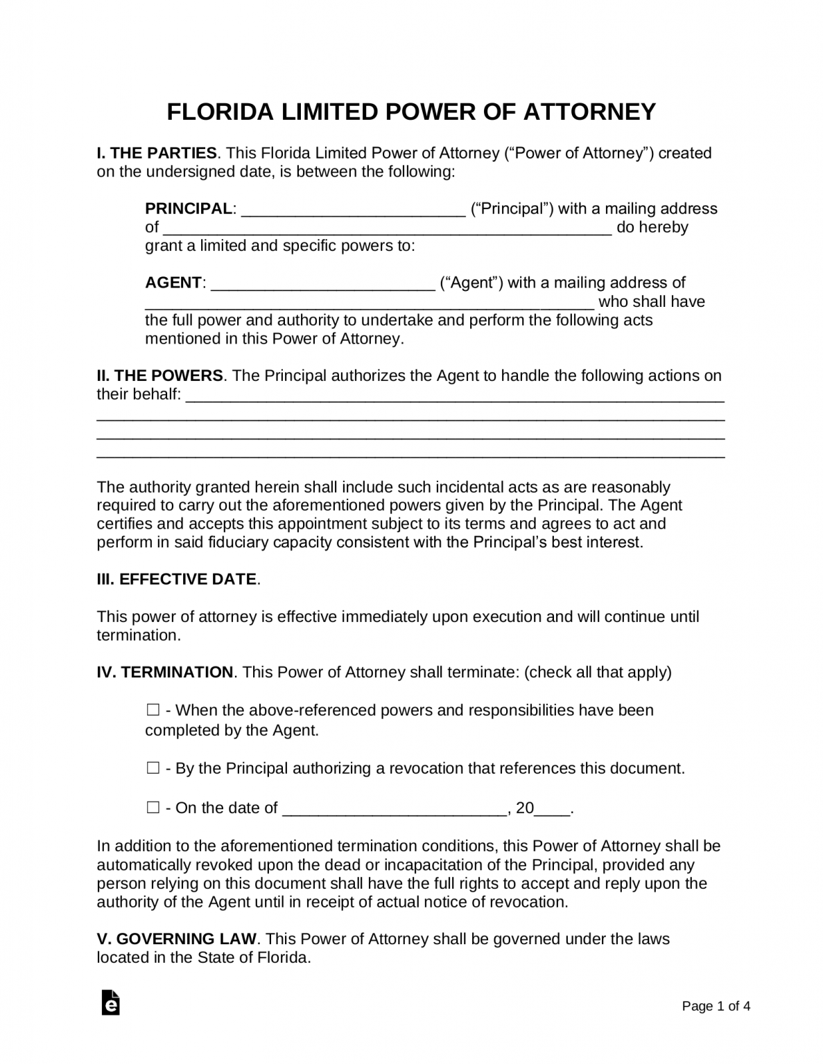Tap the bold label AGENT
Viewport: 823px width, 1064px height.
173,283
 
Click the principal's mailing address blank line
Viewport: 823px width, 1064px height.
387,229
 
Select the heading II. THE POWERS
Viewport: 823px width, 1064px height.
159,375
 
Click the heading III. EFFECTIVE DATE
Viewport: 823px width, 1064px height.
177,579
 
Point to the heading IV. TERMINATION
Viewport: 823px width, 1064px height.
165,672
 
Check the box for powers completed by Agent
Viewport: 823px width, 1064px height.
153,710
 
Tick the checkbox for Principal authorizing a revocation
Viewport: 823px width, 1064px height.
153,768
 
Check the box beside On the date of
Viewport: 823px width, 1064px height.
153,808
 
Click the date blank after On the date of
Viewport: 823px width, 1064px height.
395,809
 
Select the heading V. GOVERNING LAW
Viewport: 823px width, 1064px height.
177,939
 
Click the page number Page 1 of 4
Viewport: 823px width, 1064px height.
716,1006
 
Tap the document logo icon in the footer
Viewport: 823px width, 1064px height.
110,1002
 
